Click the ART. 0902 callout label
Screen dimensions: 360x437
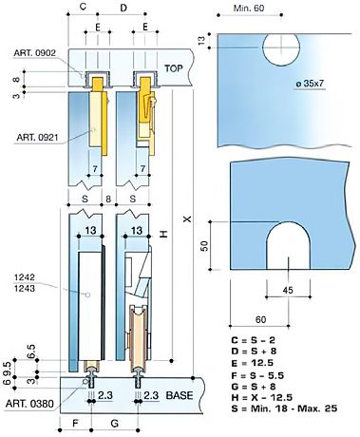[x=34, y=53]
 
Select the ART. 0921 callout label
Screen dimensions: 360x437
[x=37, y=137]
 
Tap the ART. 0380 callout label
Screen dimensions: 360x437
[x=29, y=404]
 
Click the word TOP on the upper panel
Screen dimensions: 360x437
[x=174, y=68]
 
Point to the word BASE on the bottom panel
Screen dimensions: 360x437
[x=180, y=395]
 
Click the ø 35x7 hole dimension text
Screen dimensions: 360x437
[x=311, y=84]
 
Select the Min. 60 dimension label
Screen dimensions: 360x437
[x=249, y=8]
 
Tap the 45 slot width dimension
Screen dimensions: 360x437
[x=288, y=290]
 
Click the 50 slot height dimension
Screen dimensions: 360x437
[x=205, y=246]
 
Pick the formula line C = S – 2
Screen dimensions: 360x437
[x=253, y=340]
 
